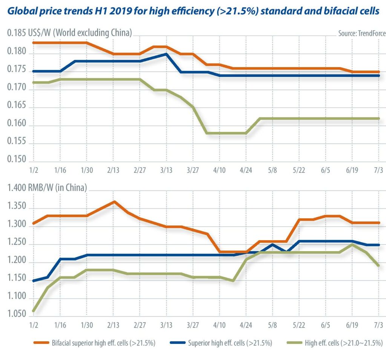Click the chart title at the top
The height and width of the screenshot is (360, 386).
point(193,11)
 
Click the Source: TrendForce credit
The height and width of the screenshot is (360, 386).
point(362,33)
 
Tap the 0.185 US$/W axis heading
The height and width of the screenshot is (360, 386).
point(69,33)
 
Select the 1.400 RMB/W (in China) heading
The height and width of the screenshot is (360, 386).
point(47,188)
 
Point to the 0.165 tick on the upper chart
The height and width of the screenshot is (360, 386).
point(17,105)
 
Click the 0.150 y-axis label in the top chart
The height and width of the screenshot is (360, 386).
point(17,159)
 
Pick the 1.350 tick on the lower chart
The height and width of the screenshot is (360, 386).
point(17,206)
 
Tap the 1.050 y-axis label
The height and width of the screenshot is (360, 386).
point(17,314)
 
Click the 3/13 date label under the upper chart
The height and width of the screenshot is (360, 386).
point(166,170)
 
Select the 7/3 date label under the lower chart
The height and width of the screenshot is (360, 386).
point(378,325)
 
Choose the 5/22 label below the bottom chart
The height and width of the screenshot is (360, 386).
point(299,325)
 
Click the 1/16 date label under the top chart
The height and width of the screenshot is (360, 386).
point(60,170)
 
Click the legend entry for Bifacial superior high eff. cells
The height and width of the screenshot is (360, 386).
point(94,343)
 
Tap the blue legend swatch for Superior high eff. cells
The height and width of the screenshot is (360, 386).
point(178,343)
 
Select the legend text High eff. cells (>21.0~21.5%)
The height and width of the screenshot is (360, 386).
point(344,343)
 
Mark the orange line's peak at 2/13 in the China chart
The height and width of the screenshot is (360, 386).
point(114,202)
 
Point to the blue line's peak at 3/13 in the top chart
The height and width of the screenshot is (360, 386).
point(166,54)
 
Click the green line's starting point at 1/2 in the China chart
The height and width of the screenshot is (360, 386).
point(34,311)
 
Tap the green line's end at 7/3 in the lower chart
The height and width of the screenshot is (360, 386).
point(378,265)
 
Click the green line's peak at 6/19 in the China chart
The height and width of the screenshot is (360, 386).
point(352,245)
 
